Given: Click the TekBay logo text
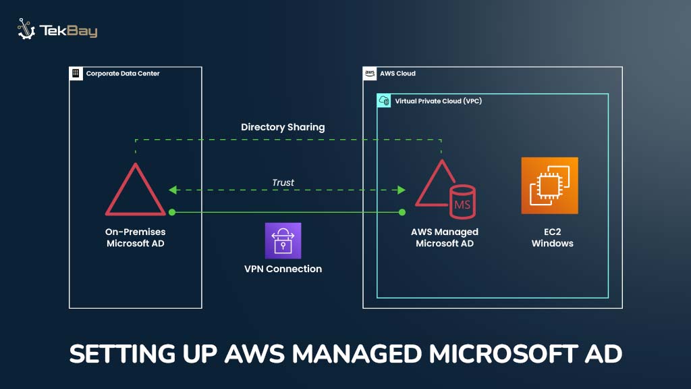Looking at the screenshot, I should pyautogui.click(x=68, y=31).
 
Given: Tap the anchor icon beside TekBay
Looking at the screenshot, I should pyautogui.click(x=26, y=30).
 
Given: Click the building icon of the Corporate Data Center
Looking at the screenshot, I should pyautogui.click(x=76, y=73).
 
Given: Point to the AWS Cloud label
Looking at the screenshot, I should pyautogui.click(x=397, y=73).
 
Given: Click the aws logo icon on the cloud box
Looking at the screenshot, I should pyautogui.click(x=370, y=74).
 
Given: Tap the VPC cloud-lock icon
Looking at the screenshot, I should pyautogui.click(x=384, y=101).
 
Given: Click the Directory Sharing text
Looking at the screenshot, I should pyautogui.click(x=283, y=127).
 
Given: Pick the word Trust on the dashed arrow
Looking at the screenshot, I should pyautogui.click(x=283, y=182).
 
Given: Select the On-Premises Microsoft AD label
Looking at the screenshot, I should pyautogui.click(x=136, y=238).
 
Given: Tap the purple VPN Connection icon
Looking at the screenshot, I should pyautogui.click(x=283, y=240).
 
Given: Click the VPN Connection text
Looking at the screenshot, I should pyautogui.click(x=283, y=269).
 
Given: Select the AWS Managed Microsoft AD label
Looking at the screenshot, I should pyautogui.click(x=444, y=238).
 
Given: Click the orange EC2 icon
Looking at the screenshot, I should pyautogui.click(x=549, y=185).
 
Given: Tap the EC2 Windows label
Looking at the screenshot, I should pyautogui.click(x=552, y=238).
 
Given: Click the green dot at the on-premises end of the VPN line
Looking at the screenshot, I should pyautogui.click(x=172, y=212).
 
